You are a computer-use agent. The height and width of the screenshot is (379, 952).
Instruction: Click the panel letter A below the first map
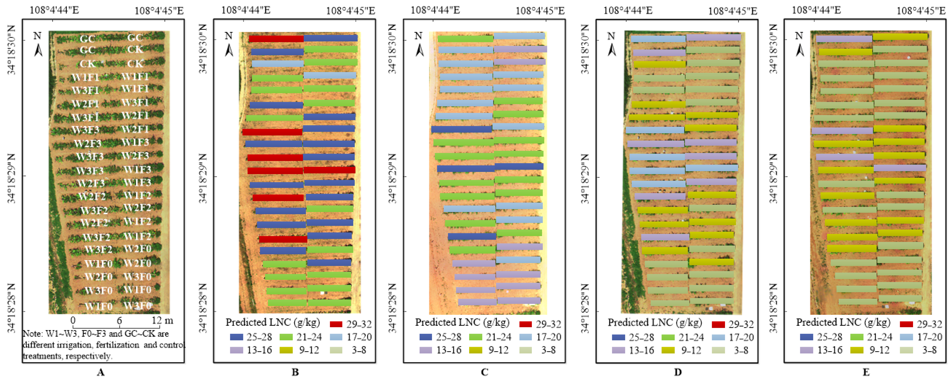[x=101, y=372]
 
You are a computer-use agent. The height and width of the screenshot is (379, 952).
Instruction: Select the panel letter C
[x=485, y=372]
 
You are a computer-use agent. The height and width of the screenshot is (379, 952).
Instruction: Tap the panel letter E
[x=866, y=372]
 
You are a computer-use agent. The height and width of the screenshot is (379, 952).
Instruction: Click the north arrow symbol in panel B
[x=229, y=44]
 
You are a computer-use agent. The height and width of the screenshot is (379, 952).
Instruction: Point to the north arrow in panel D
[x=612, y=44]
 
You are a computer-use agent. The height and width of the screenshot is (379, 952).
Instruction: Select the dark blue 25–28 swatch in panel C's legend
[x=426, y=337]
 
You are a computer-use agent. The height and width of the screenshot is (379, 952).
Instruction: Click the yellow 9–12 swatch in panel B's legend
[x=286, y=350]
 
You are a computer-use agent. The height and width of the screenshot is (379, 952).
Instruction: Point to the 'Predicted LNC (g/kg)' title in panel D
[x=655, y=322]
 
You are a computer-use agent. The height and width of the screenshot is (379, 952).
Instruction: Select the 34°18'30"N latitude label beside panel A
[x=12, y=50]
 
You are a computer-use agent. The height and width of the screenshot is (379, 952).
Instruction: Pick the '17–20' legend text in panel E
[x=930, y=337]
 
